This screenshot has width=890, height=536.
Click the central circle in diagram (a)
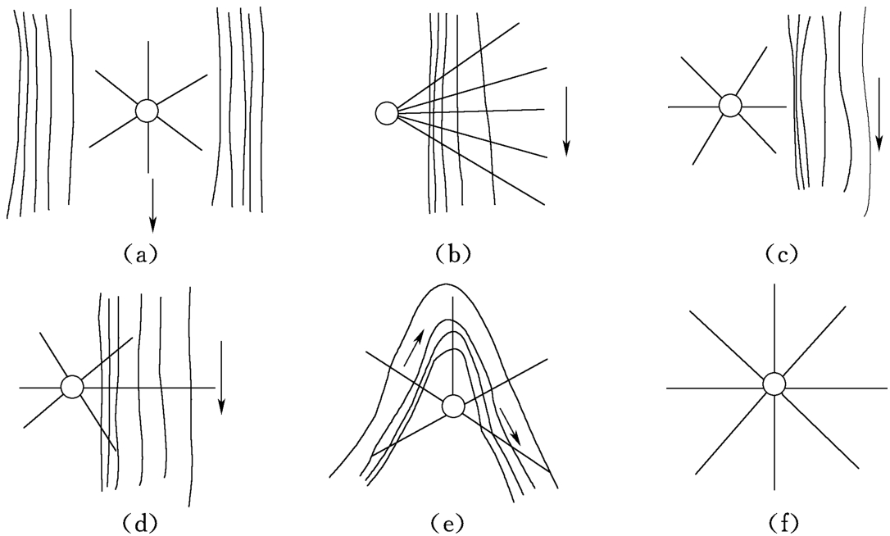(x=147, y=111)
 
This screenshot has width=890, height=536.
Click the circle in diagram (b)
(x=386, y=112)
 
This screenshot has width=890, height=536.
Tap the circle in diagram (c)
(x=730, y=105)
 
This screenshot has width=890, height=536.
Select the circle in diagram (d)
(x=72, y=386)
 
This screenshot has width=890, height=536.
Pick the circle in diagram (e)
(x=452, y=405)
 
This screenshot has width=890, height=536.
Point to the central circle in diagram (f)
(x=774, y=384)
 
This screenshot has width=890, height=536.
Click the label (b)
(x=453, y=254)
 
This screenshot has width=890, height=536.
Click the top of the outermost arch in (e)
(x=448, y=284)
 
